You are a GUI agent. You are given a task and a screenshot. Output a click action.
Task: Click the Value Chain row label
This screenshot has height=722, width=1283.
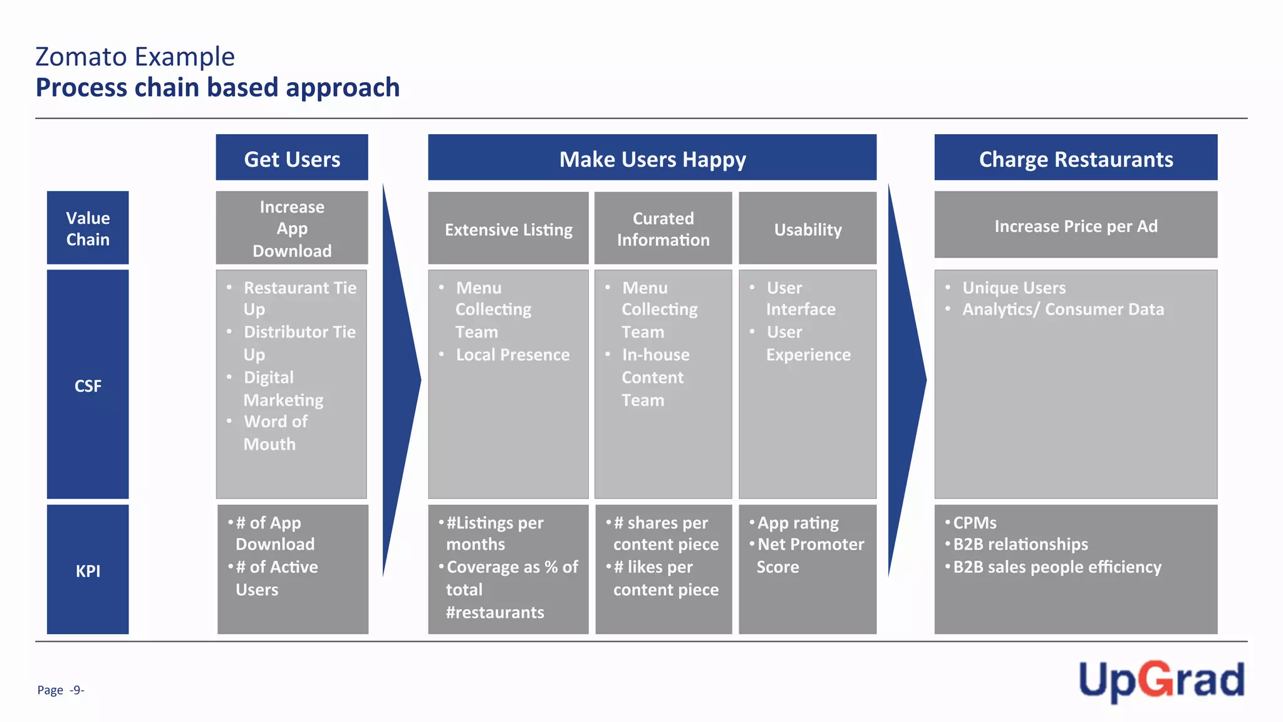88,228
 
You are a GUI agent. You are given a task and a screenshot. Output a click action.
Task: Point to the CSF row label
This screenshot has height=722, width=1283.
88,385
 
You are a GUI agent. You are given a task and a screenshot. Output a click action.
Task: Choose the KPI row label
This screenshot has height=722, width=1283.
88,570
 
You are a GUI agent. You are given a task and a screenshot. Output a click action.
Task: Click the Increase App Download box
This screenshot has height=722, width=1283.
292,228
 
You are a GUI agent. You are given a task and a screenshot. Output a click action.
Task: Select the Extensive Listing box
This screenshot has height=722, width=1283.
508,229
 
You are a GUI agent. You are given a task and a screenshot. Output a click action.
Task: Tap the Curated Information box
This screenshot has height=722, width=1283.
663,229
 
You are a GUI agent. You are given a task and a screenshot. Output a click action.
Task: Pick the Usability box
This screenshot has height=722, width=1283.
808,229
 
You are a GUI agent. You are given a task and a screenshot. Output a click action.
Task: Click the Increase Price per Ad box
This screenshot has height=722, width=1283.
1076,226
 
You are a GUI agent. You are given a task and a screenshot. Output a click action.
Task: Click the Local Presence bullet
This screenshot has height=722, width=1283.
512,355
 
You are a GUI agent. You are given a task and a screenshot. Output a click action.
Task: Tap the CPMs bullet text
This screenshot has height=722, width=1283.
974,523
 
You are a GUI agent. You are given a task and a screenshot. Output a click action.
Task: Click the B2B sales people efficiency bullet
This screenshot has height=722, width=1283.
1057,567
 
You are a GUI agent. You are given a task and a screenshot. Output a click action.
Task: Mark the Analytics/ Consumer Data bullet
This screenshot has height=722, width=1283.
1062,309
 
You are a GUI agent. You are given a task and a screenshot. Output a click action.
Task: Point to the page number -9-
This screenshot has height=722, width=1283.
76,690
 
